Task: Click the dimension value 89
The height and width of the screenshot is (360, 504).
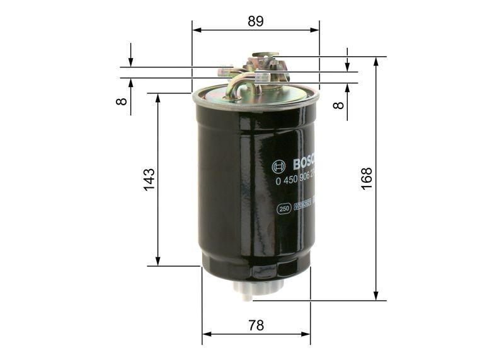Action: tap(255, 21)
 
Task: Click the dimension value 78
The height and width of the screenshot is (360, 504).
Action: tap(255, 325)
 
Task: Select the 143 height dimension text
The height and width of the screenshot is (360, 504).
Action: tap(149, 180)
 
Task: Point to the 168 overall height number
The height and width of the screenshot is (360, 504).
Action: tap(367, 179)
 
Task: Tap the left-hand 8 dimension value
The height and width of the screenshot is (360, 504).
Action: tap(122, 100)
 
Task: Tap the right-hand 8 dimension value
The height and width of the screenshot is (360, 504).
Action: tap(339, 101)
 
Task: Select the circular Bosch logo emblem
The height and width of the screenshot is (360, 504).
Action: tap(278, 166)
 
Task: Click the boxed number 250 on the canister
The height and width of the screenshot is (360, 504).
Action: tap(284, 209)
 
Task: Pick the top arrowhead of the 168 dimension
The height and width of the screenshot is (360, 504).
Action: tap(376, 61)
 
